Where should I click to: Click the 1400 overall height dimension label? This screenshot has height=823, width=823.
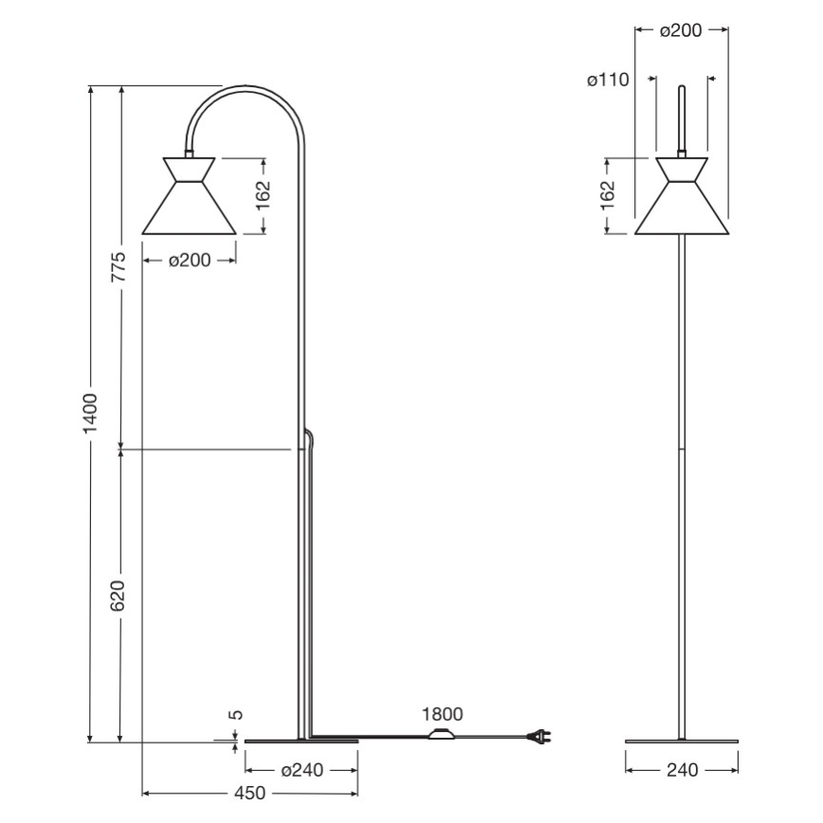point(90,413)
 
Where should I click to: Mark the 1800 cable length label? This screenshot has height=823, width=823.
point(443,715)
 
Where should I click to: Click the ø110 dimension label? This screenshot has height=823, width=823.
point(608,81)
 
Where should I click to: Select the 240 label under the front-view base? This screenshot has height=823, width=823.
point(682,770)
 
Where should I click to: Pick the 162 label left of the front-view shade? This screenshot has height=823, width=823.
point(609,194)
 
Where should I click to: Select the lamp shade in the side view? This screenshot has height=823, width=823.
point(189,199)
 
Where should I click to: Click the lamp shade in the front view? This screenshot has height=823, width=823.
point(681,199)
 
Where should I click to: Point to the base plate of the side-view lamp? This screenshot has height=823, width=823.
point(302,741)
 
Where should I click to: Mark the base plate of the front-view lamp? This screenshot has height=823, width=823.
point(682,741)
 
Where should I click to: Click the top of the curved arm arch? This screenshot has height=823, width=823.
point(245,88)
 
